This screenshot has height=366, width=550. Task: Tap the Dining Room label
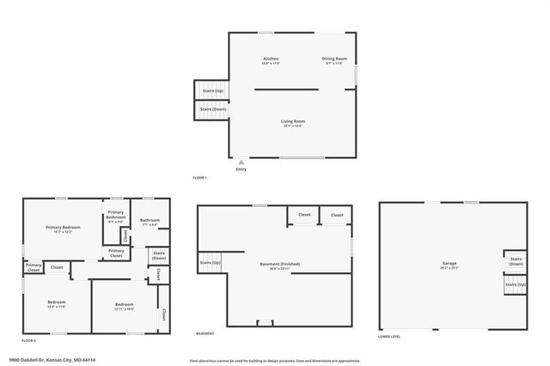[x=333, y=59]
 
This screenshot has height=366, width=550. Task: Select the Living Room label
[x=293, y=123]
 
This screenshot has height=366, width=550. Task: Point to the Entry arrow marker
[x=241, y=162]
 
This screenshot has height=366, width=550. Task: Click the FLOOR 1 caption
[x=200, y=178]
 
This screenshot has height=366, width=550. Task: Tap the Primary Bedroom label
[x=63, y=229]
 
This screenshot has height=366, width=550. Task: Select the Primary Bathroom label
[x=116, y=217]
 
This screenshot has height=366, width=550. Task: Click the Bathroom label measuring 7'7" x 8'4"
[x=150, y=223]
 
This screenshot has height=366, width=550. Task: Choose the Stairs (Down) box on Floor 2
[x=159, y=255]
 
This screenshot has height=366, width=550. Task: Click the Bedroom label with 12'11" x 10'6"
[x=125, y=306]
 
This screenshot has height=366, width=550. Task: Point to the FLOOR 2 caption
[x=29, y=341]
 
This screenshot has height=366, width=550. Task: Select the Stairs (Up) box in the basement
[x=211, y=262]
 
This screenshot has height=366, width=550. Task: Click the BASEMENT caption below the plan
[x=205, y=333]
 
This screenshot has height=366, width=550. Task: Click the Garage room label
[x=449, y=265]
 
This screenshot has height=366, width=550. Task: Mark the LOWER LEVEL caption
[x=389, y=336]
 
